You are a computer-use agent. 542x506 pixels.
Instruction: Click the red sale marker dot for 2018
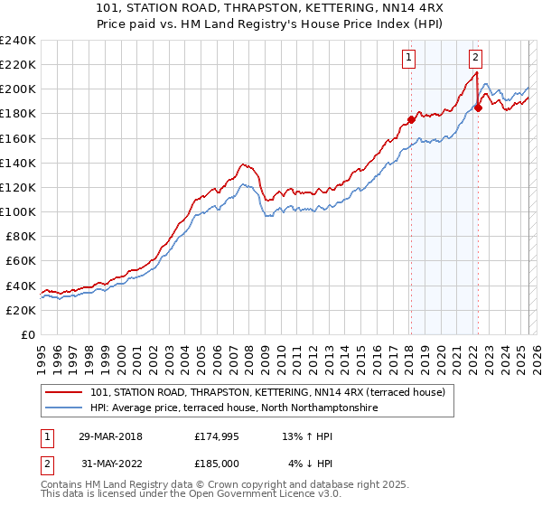click(x=411, y=119)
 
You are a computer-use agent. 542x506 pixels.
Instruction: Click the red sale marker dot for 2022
click(x=478, y=108)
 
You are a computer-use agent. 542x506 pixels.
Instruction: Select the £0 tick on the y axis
click(x=29, y=334)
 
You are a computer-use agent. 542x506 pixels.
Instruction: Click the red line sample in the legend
click(x=66, y=393)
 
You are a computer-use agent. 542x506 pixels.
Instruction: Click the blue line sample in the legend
click(x=66, y=408)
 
